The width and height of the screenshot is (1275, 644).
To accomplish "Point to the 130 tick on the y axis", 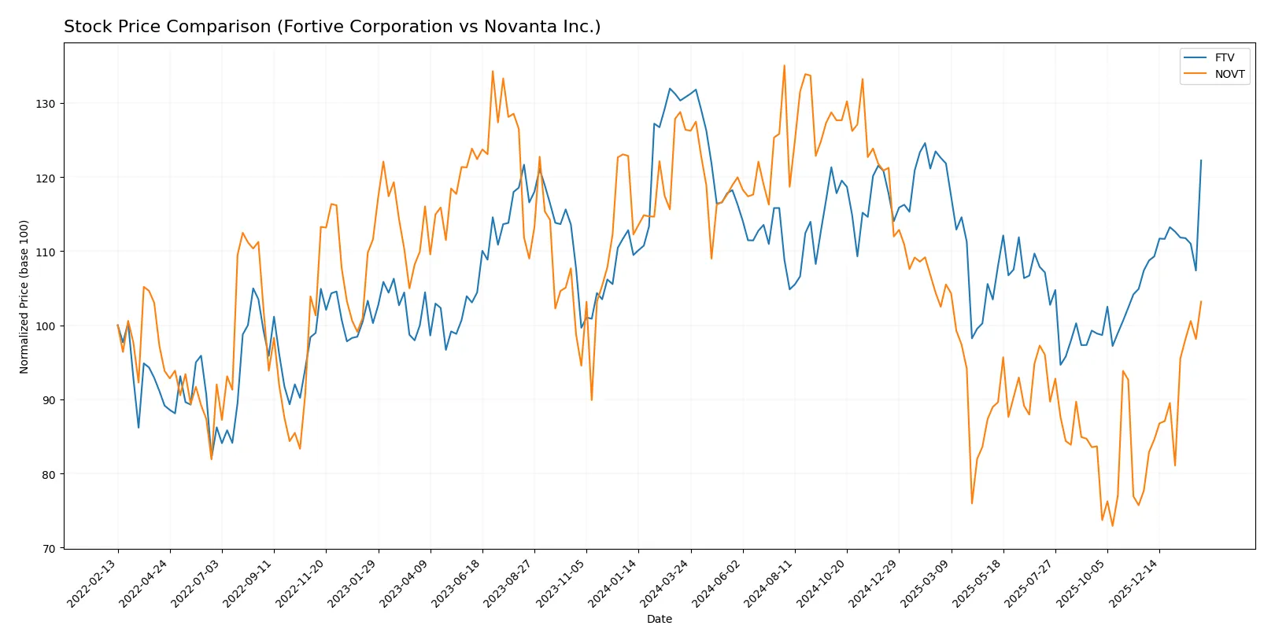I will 49,104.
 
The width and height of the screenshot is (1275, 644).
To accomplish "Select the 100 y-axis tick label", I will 49,326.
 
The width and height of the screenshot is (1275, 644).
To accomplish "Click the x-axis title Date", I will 659,620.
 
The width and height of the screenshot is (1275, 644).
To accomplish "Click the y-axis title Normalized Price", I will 24,296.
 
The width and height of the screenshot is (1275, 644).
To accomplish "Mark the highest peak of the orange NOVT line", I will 784,65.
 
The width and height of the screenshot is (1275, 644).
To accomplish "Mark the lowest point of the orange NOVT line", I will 1112,526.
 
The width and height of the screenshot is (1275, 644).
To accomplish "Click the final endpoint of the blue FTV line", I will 1201,160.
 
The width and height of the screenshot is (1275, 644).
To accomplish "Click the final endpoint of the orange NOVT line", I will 1201,302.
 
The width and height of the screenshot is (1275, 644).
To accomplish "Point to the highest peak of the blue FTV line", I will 670,88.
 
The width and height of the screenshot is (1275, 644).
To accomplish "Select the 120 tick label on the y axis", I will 49,178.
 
